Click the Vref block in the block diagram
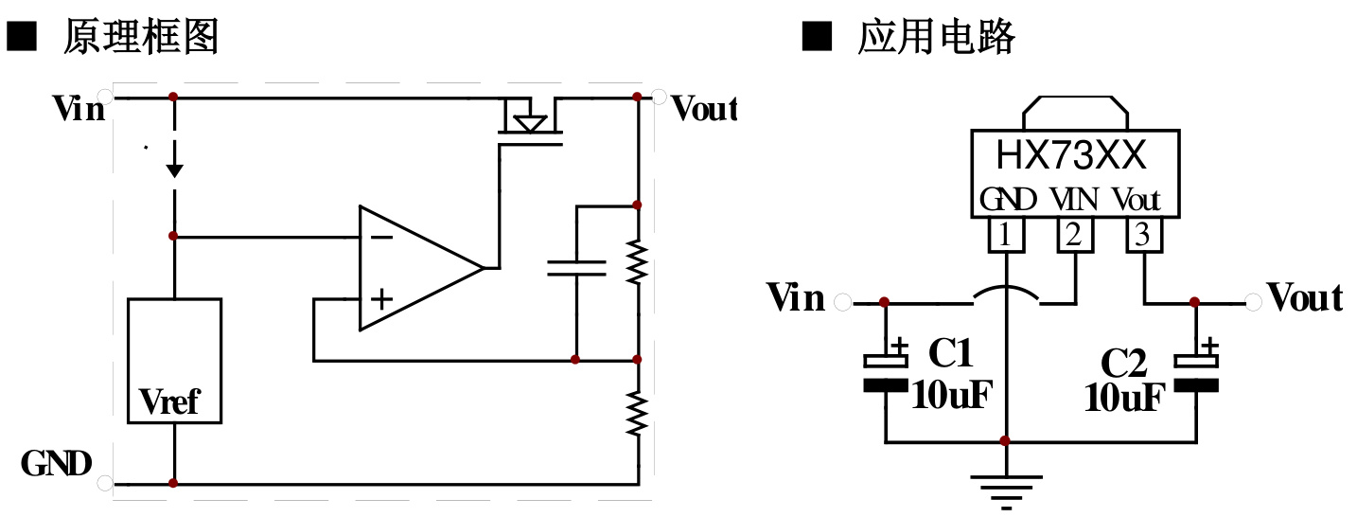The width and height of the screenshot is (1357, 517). (174, 361)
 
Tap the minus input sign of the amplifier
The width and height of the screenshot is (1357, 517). (380, 236)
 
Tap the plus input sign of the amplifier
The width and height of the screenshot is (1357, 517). (380, 300)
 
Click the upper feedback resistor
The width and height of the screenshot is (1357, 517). (638, 262)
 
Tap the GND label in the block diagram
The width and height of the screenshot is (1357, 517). (57, 464)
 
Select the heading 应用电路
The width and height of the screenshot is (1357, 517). (936, 37)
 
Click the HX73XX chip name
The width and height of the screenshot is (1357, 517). (1071, 154)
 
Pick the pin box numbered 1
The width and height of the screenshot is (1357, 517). (1005, 235)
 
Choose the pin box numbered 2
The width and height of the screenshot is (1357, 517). (1073, 235)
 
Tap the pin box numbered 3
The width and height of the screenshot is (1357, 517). (1143, 235)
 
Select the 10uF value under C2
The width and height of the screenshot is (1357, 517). (1123, 399)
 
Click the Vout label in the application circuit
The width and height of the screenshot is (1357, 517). (1305, 299)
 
